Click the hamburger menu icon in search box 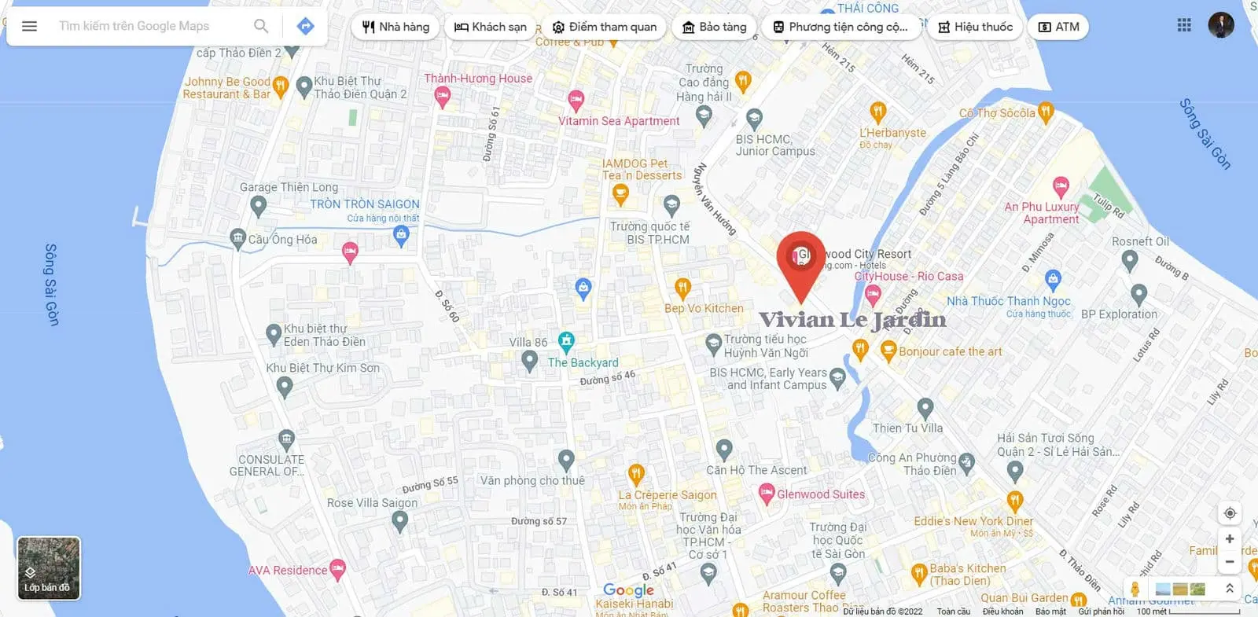29,26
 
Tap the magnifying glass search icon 261,26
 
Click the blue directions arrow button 306,26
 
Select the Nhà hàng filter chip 395,27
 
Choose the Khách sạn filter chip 490,27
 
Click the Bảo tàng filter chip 714,27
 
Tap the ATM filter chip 1058,27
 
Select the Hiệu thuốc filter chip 975,27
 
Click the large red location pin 800,259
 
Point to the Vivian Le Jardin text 852,320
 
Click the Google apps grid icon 1184,25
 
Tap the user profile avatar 1221,25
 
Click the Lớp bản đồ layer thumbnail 49,568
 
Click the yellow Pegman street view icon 1135,589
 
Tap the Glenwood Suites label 820,494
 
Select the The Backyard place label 583,362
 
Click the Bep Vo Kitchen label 704,308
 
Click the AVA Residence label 288,571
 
